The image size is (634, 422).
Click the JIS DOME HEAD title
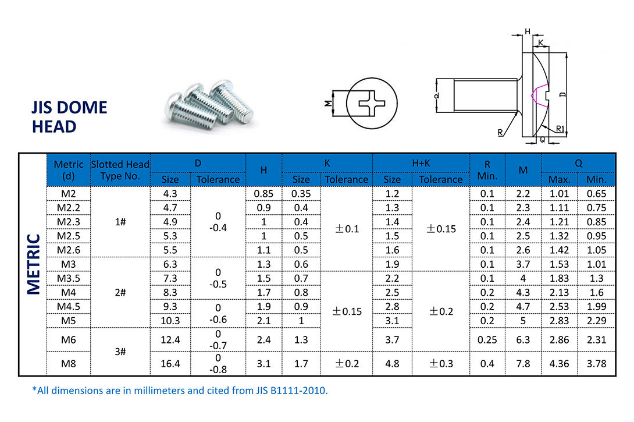tap(70, 117)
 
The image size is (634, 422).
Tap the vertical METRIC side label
tap(33, 264)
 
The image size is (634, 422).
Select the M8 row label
tap(68, 364)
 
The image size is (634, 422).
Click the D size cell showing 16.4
tap(170, 364)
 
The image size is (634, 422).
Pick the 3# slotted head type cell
tap(120, 351)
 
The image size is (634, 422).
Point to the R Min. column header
tap(487, 169)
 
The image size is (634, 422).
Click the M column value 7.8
tap(523, 364)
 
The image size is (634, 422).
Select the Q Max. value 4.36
tap(559, 364)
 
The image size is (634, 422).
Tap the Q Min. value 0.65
tap(596, 194)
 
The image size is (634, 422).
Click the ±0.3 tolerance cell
tap(440, 364)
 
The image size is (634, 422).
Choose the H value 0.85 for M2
tap(263, 194)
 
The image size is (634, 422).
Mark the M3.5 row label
tap(68, 278)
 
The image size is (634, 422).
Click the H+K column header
tap(421, 164)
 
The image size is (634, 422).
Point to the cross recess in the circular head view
tap(371, 106)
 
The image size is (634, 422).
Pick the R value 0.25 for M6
tap(487, 339)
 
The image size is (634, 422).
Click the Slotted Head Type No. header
tap(120, 170)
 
